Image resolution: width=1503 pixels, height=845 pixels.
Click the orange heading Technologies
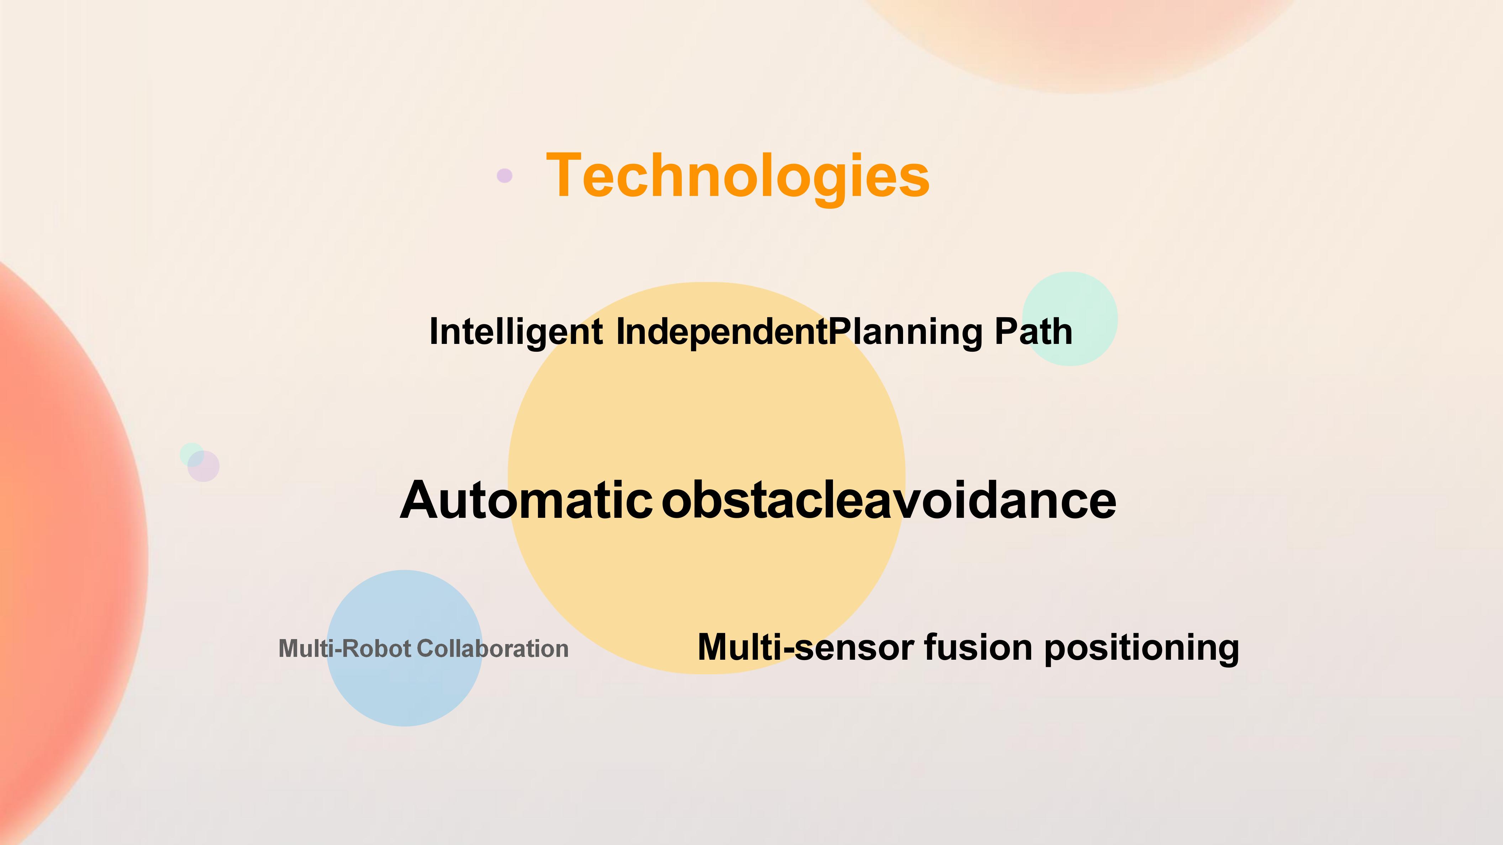pyautogui.click(x=738, y=176)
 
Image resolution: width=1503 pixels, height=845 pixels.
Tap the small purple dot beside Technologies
pyautogui.click(x=505, y=176)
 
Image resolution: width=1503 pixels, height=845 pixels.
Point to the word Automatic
pyautogui.click(x=526, y=500)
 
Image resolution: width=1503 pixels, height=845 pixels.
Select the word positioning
pyautogui.click(x=1141, y=648)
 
